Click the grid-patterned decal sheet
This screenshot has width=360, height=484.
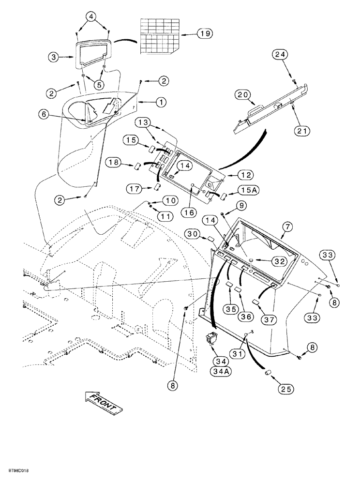tap(160, 37)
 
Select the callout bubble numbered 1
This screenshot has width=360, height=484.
tap(160, 102)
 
